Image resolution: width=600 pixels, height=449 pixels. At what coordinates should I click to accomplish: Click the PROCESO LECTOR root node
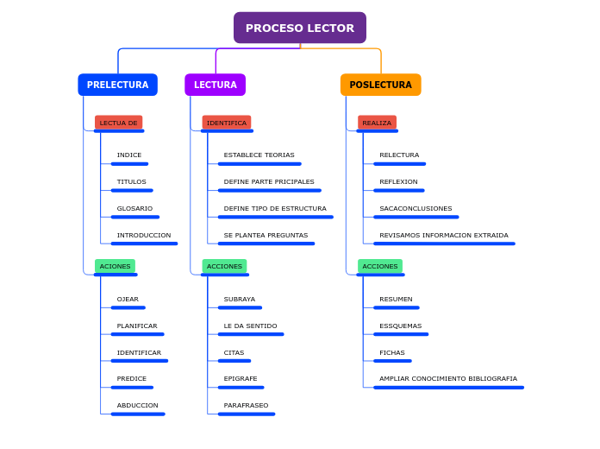[x=299, y=28]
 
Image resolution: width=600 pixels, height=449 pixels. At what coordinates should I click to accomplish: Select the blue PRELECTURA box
[x=117, y=85]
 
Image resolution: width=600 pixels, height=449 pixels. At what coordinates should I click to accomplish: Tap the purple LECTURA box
[x=215, y=85]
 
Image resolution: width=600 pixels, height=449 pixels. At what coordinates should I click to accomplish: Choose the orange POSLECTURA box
[x=380, y=85]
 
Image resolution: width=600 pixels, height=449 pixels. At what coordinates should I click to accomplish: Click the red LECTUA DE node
[x=118, y=123]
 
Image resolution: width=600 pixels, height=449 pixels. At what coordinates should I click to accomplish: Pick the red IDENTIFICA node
[x=226, y=123]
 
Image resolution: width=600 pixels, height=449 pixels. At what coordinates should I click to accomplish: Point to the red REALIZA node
[x=377, y=123]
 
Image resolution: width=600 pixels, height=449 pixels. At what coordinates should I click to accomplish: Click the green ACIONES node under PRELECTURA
[x=115, y=266]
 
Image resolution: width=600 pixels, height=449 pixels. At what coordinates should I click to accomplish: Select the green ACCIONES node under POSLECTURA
[x=380, y=266]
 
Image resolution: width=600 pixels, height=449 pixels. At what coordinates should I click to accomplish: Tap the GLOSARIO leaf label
[x=134, y=208]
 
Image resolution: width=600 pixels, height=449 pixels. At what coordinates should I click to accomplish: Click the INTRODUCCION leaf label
[x=144, y=235]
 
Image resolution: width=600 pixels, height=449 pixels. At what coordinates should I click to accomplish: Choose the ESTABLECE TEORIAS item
[x=259, y=155]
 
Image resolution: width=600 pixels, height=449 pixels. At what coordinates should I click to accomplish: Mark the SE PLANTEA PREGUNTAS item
[x=266, y=235]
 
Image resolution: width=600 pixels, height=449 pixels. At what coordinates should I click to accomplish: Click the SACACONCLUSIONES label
[x=416, y=208]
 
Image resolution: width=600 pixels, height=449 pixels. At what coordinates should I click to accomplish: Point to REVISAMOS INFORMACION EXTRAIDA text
[x=443, y=235]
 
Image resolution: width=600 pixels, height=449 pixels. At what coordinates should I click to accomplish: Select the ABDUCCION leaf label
[x=137, y=405]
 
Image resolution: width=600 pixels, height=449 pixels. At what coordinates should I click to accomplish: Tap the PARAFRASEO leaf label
[x=246, y=405]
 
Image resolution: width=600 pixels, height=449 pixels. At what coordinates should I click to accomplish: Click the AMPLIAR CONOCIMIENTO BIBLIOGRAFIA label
[x=447, y=378]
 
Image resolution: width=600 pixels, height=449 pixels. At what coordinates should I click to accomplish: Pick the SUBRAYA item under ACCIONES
[x=239, y=299]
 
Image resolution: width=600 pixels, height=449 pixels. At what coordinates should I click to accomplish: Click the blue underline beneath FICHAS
[x=392, y=361]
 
